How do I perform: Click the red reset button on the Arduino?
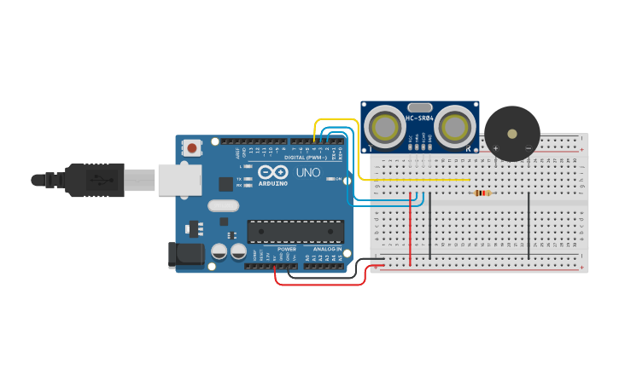(192, 148)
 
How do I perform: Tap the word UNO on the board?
(307, 172)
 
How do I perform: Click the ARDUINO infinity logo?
(273, 172)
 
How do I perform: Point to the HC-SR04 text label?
(420, 118)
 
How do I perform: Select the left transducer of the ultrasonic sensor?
(386, 127)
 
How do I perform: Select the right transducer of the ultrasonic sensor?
(454, 127)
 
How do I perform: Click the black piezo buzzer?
(512, 133)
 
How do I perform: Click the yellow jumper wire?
(410, 180)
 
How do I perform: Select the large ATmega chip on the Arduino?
(295, 231)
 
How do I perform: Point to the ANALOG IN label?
(327, 249)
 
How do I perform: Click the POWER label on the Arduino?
(287, 249)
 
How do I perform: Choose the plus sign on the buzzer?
(496, 148)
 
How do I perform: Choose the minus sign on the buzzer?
(528, 148)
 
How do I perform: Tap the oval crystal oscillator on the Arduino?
(223, 205)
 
